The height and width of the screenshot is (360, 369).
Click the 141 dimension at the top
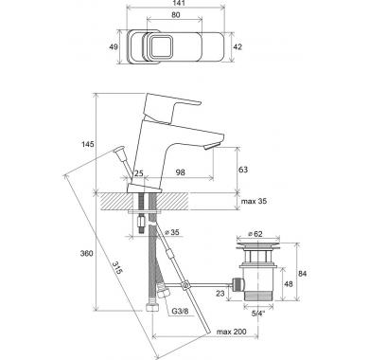point(175,3)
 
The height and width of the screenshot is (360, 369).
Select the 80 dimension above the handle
point(176,14)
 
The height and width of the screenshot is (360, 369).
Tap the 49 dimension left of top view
point(114,46)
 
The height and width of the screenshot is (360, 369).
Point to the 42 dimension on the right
point(237,46)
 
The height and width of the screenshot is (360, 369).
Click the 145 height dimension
point(88,144)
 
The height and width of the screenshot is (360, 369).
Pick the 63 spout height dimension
point(243,170)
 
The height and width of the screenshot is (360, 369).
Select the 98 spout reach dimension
point(181,172)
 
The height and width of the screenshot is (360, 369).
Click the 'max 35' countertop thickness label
point(255,201)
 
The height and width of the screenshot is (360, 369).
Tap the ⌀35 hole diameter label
point(172,232)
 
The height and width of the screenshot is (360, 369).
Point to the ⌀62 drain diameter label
point(255,234)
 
